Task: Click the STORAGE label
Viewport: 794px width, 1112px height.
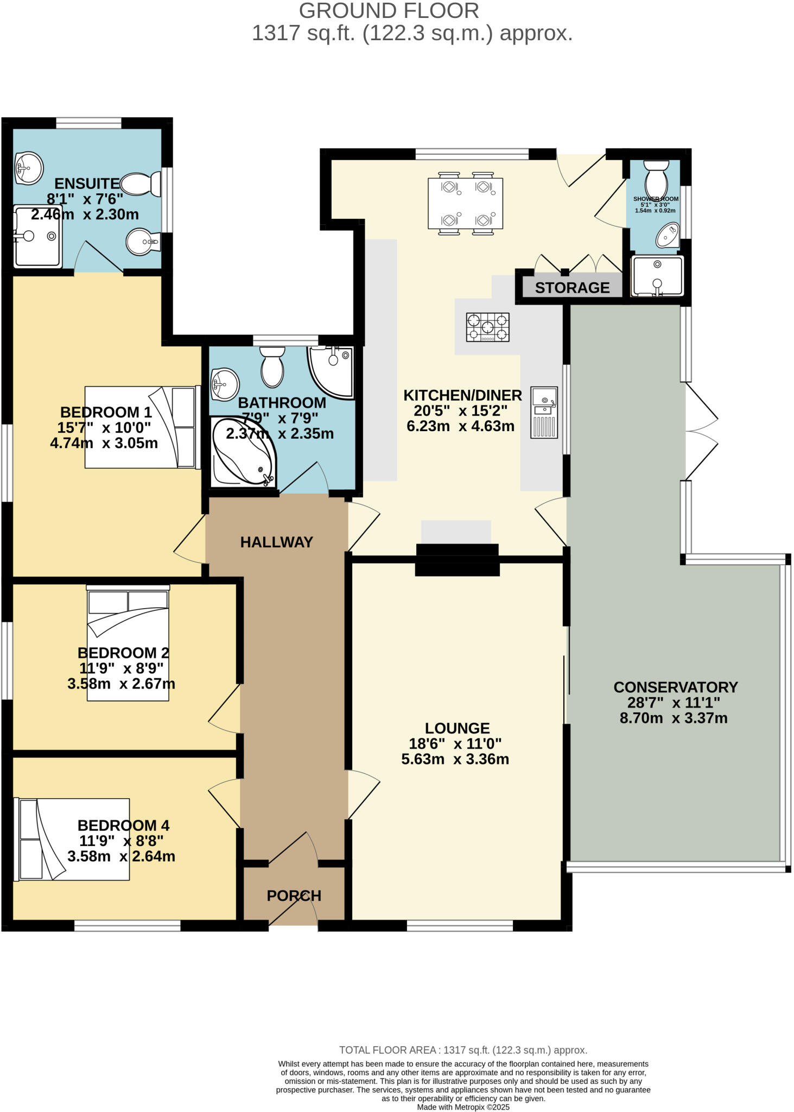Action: coord(572,288)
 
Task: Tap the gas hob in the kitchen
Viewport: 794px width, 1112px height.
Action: coord(487,327)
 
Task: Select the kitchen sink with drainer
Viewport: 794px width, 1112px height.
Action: coord(544,412)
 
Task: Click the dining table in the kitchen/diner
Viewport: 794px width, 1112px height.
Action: coord(465,203)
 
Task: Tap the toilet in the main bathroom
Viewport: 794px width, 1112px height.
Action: coord(272,367)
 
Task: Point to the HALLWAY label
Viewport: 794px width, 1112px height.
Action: coord(276,542)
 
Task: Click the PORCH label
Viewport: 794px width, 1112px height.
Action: coord(294,895)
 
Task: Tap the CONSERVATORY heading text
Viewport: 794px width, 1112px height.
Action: coord(675,687)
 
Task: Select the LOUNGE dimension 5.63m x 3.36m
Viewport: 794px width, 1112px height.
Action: coord(455,759)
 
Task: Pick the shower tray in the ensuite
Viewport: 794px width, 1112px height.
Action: coord(37,236)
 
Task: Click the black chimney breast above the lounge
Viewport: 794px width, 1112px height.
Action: coord(457,559)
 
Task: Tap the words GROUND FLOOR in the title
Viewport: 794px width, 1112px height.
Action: coord(389,11)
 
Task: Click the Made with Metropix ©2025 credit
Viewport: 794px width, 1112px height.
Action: coord(463,1107)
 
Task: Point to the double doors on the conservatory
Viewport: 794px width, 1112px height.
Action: coord(701,432)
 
